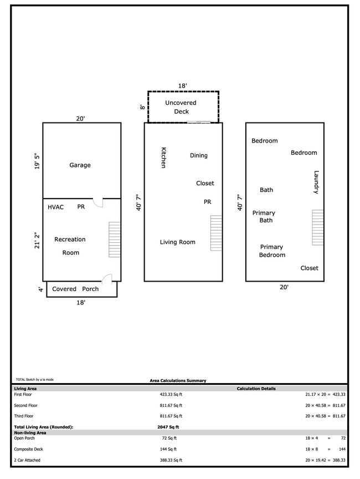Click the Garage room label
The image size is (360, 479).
coord(80,165)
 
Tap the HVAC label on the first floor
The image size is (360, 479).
coord(55,207)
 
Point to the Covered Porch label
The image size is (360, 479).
coord(75,289)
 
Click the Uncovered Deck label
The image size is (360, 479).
coord(181,107)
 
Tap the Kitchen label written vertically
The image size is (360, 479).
coord(163,158)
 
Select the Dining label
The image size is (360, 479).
coord(198,156)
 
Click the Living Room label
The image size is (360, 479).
coord(177,242)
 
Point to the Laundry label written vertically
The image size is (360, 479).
coord(316,182)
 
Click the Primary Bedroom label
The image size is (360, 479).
coord(272,251)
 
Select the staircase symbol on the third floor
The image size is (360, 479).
coord(317,227)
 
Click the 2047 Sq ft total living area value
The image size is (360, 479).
coord(168,427)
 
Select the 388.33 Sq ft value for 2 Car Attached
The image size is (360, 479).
coord(171,460)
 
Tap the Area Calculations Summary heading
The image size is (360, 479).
coord(178,381)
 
